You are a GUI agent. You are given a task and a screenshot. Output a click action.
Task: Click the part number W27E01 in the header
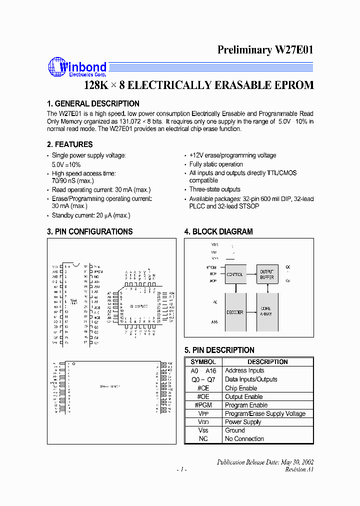pyautogui.click(x=293, y=50)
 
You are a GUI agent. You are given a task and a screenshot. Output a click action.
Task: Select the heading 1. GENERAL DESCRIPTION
pyautogui.click(x=93, y=104)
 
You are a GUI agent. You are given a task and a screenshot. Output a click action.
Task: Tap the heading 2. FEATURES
pyautogui.click(x=69, y=144)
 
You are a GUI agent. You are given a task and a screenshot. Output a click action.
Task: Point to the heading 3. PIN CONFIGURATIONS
pyautogui.click(x=89, y=232)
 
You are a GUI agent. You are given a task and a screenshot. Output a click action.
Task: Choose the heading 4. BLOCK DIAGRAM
pyautogui.click(x=218, y=232)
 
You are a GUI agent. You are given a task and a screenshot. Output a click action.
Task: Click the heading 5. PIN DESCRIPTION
pyautogui.click(x=219, y=350)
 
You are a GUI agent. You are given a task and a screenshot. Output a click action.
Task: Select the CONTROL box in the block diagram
pyautogui.click(x=235, y=274)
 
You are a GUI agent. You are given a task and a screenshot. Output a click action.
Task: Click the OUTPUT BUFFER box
pyautogui.click(x=267, y=274)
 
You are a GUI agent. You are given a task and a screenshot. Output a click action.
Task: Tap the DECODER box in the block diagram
pyautogui.click(x=235, y=312)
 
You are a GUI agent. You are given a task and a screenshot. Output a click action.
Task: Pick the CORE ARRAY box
pyautogui.click(x=267, y=312)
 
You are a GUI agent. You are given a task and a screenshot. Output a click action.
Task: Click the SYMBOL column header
pyautogui.click(x=203, y=362)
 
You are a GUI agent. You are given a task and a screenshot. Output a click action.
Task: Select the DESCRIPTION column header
pyautogui.click(x=267, y=362)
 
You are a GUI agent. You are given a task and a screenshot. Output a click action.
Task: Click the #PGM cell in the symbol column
pyautogui.click(x=203, y=405)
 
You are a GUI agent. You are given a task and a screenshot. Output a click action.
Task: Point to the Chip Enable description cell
pyautogui.click(x=241, y=388)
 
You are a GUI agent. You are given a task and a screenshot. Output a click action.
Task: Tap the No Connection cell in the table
pyautogui.click(x=244, y=439)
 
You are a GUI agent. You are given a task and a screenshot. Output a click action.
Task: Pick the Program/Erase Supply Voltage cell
pyautogui.click(x=265, y=413)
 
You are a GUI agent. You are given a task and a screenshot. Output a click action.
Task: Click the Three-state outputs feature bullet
pyautogui.click(x=214, y=189)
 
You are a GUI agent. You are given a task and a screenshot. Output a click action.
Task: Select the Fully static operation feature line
pyautogui.click(x=216, y=164)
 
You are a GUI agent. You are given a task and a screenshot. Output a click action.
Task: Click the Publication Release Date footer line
pyautogui.click(x=265, y=462)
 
